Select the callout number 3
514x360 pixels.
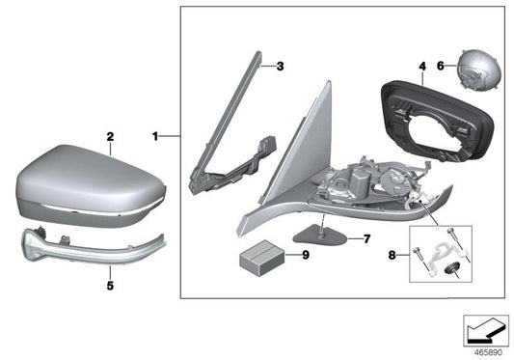(279, 67)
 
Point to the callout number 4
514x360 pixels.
(420, 67)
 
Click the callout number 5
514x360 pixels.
(110, 285)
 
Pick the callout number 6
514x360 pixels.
(441, 66)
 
